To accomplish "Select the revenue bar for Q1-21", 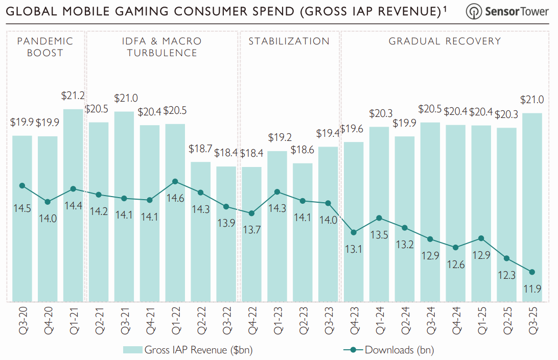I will point(73,204).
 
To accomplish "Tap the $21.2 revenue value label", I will point(73,95).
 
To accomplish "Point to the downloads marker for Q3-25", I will point(532,272).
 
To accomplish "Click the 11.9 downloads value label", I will point(531,290).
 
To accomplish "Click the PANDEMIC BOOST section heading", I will point(45,46).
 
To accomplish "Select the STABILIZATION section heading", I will point(289,41).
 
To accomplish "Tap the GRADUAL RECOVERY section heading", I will point(445,41).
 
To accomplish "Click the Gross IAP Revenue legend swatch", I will point(132,350).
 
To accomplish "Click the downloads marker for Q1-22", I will point(175,181).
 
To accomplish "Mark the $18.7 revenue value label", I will point(200,149).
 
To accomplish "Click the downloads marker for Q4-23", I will point(354,232).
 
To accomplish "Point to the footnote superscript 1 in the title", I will point(445,8).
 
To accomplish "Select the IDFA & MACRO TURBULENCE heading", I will point(162,46).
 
